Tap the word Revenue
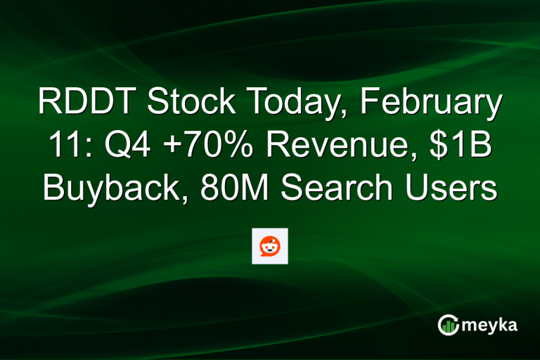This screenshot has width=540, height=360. click(326, 147)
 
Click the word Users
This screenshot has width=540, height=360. click(449, 189)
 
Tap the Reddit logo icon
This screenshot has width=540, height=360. click(270, 246)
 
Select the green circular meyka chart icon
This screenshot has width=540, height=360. click(448, 324)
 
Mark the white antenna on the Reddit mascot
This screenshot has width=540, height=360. click(274, 239)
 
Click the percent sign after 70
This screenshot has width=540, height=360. click(225, 147)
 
